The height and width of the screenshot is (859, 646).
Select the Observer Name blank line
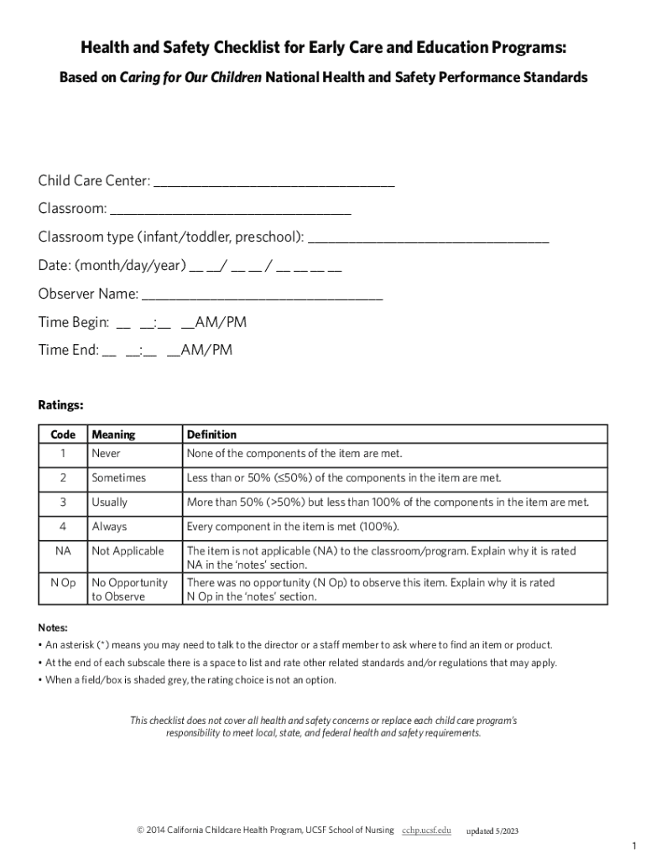[x=263, y=296]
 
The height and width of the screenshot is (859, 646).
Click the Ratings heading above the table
[x=60, y=405]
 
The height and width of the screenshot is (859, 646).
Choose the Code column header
[x=63, y=435]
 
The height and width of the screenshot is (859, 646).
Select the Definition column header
[x=211, y=435]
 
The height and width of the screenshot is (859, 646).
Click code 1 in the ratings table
[x=63, y=454]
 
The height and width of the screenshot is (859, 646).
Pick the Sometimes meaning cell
[x=118, y=478]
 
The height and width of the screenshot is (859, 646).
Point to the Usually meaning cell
[x=110, y=502]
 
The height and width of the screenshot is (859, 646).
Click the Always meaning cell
[x=109, y=527]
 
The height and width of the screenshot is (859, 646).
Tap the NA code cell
[x=63, y=551]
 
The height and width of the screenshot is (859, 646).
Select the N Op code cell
[x=63, y=582]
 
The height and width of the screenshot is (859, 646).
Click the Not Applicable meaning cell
[x=128, y=551]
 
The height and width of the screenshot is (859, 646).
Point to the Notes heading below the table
[x=53, y=627]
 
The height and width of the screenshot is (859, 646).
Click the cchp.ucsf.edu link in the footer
[x=426, y=830]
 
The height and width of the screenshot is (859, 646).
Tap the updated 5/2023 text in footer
[x=492, y=830]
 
